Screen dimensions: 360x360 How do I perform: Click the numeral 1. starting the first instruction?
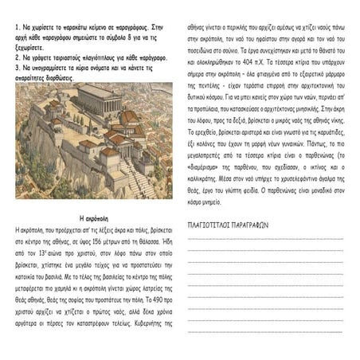tap(18, 28)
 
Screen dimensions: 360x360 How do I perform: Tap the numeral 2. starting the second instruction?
tap(18, 57)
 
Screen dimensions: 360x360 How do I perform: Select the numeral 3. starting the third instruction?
tap(18, 68)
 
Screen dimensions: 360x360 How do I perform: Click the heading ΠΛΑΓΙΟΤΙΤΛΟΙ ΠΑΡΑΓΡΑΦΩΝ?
tap(228, 225)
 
